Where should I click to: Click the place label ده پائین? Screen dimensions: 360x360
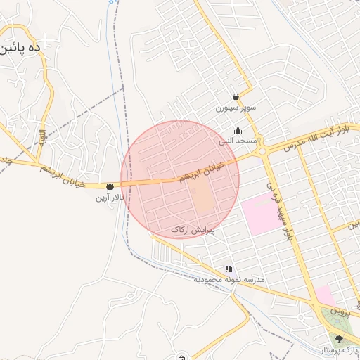click(20, 50)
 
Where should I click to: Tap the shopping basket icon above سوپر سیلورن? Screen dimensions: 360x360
click(236, 97)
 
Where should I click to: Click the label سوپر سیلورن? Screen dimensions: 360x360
click(236, 109)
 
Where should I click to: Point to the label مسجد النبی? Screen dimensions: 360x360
click(238, 141)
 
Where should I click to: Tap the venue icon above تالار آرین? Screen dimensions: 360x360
click(110, 186)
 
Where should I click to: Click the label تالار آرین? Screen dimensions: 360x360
click(110, 198)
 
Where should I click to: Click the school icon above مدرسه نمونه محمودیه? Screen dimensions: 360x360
click(229, 269)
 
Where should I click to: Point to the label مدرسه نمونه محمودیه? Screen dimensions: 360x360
click(229, 280)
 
